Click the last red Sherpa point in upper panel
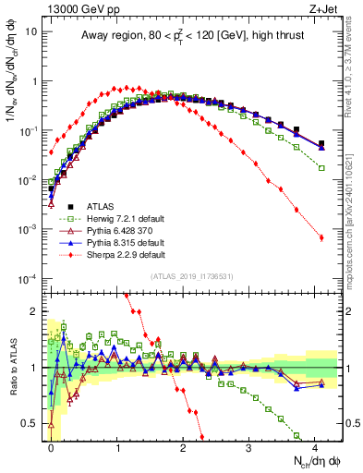pos(321,237)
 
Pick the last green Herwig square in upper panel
pos(321,168)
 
